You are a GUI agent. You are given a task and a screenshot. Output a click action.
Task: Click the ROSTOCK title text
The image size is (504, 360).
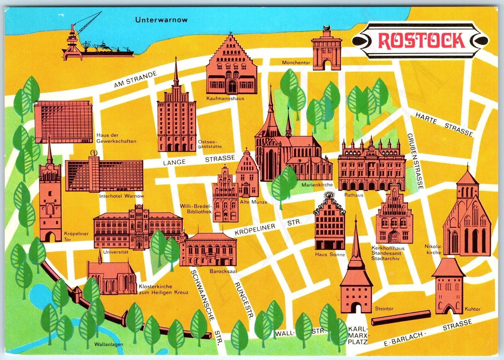pyautogui.click(x=421, y=40)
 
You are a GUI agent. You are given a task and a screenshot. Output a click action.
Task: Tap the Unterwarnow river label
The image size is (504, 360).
pyautogui.click(x=161, y=20)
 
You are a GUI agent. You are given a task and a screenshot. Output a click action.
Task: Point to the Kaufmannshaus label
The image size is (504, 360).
pyautogui.click(x=225, y=98)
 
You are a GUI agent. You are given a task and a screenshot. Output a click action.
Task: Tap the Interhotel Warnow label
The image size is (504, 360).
pyautogui.click(x=121, y=196)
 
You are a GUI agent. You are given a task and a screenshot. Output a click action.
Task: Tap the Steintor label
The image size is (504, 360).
pyautogui.click(x=384, y=309)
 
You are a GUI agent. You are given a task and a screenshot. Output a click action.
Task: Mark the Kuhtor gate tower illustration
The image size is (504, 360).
pyautogui.click(x=448, y=287)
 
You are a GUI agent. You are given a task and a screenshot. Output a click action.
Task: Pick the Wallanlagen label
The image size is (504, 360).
pyautogui.click(x=108, y=344)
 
